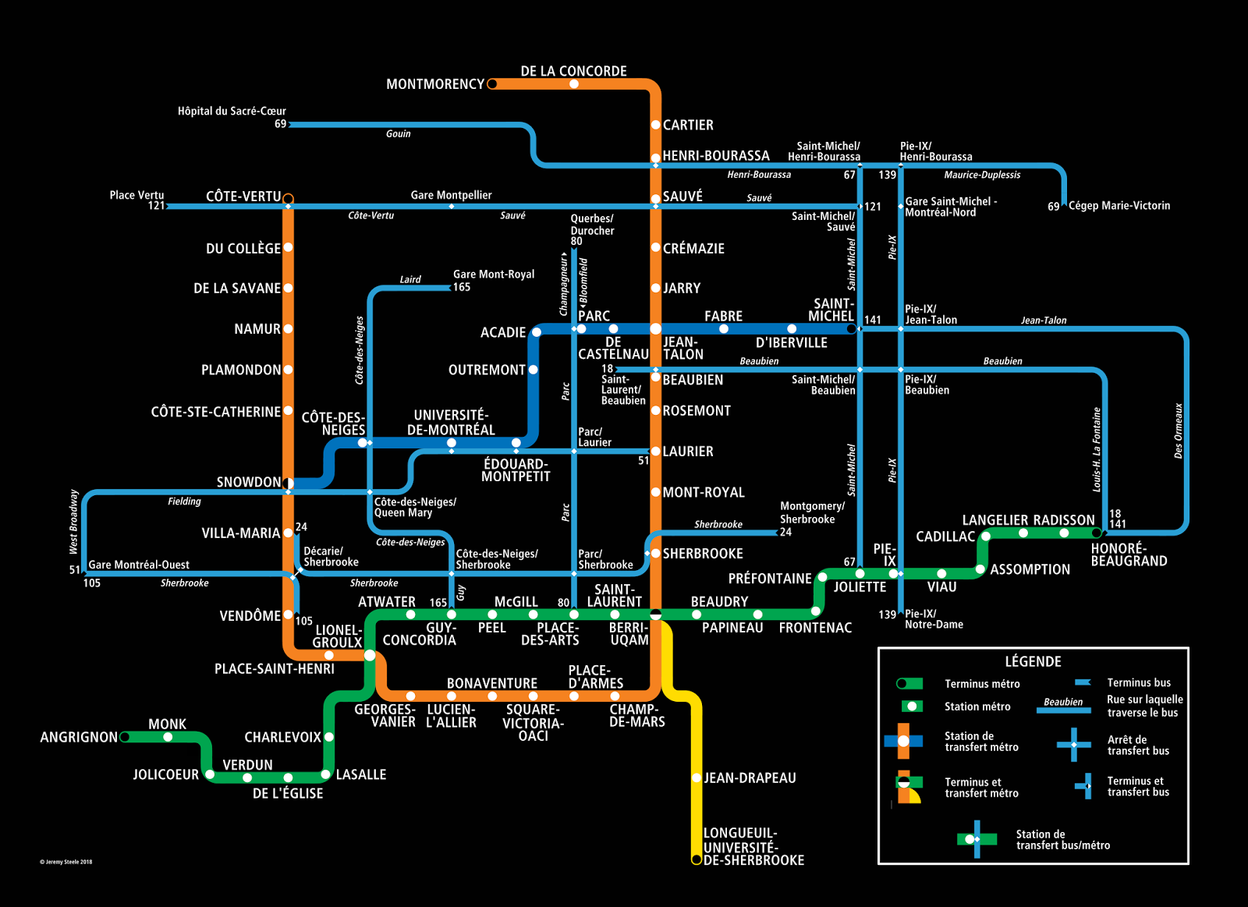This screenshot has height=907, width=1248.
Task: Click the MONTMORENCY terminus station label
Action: pyautogui.click(x=434, y=84)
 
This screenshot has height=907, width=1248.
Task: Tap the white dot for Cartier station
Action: pyautogui.click(x=655, y=125)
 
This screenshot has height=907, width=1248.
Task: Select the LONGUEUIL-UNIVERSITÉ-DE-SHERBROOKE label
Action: pyautogui.click(x=753, y=846)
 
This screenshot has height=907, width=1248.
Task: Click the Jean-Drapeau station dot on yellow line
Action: pyautogui.click(x=697, y=778)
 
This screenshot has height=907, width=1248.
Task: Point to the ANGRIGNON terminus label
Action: pyautogui.click(x=78, y=737)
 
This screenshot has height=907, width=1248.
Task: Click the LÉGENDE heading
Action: pyautogui.click(x=1033, y=661)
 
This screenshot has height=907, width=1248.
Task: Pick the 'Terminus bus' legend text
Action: pyautogui.click(x=1139, y=682)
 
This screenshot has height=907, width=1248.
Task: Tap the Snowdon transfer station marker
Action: pyautogui.click(x=288, y=483)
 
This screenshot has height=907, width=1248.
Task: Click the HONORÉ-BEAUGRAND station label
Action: pyautogui.click(x=1129, y=554)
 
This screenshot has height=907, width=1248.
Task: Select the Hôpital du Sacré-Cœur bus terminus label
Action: pyautogui.click(x=232, y=112)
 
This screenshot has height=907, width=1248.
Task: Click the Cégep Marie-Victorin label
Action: pyautogui.click(x=1119, y=206)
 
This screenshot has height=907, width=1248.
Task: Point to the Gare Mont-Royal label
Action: pyautogui.click(x=494, y=275)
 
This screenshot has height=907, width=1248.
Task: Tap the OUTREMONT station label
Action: pyautogui.click(x=487, y=370)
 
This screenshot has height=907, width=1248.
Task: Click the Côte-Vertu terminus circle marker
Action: pyautogui.click(x=288, y=198)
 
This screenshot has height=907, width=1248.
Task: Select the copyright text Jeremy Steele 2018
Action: pyautogui.click(x=66, y=862)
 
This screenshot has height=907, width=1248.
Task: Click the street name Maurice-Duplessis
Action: pyautogui.click(x=982, y=175)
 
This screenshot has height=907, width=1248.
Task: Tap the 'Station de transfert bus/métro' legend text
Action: pyautogui.click(x=1062, y=840)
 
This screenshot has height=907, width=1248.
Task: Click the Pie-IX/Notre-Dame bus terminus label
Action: pyautogui.click(x=934, y=619)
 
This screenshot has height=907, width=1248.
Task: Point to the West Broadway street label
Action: pyautogui.click(x=73, y=521)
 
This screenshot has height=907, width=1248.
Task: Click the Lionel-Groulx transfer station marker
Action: pyautogui.click(x=370, y=655)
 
